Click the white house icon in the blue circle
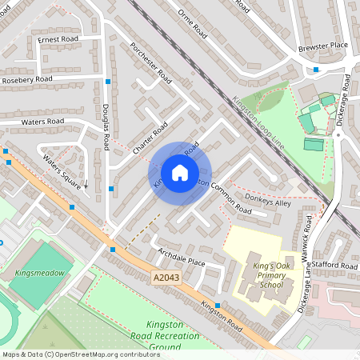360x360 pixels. (179, 173)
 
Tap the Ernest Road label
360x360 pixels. (57, 39)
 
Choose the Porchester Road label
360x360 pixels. (151, 63)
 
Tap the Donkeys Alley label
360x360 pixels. (268, 202)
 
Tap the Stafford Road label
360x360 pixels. (337, 265)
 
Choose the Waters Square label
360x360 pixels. (62, 170)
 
